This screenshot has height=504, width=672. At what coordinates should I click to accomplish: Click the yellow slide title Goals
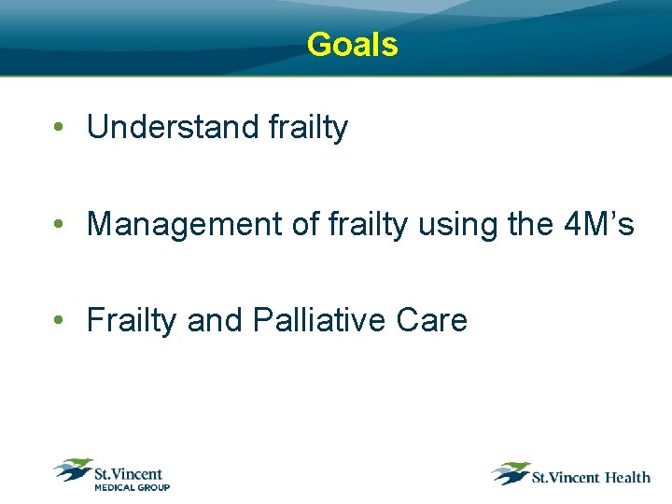[352, 44]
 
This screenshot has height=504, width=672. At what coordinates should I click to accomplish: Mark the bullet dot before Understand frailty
[59, 129]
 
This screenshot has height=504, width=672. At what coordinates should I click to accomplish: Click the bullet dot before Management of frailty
[59, 225]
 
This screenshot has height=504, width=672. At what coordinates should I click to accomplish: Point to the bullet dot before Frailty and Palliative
[59, 321]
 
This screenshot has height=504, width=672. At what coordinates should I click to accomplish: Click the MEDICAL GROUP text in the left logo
[131, 486]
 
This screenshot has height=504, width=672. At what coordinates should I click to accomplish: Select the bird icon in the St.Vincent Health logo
[511, 473]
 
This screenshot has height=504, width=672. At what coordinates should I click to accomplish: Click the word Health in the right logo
[627, 477]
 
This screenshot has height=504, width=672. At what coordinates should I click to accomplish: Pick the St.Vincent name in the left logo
[129, 473]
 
